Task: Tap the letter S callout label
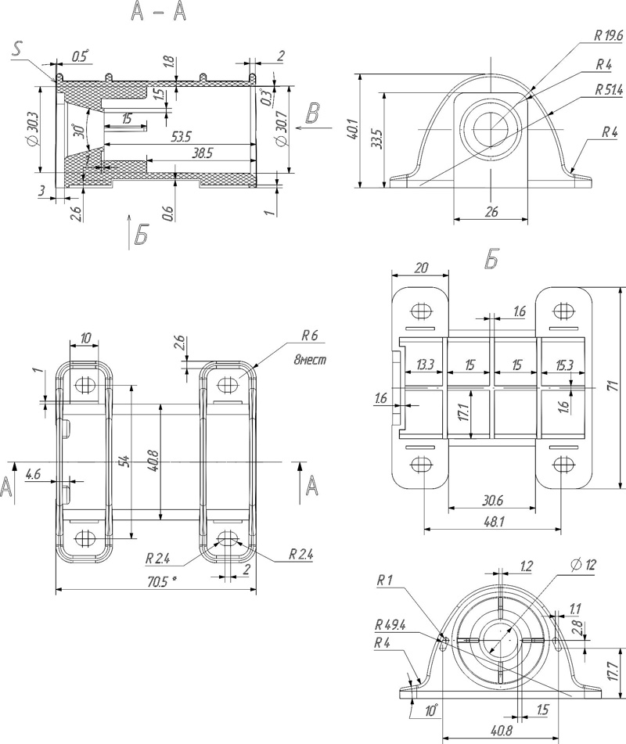pos(20,49)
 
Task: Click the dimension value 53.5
pos(180,137)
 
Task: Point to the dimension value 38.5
pos(200,153)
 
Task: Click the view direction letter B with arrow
pos(312,113)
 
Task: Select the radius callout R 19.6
pos(607,36)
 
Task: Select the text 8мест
pos(308,361)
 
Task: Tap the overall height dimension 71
pos(613,386)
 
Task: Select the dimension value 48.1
pos(492,520)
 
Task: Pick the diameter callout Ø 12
pos(583,564)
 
